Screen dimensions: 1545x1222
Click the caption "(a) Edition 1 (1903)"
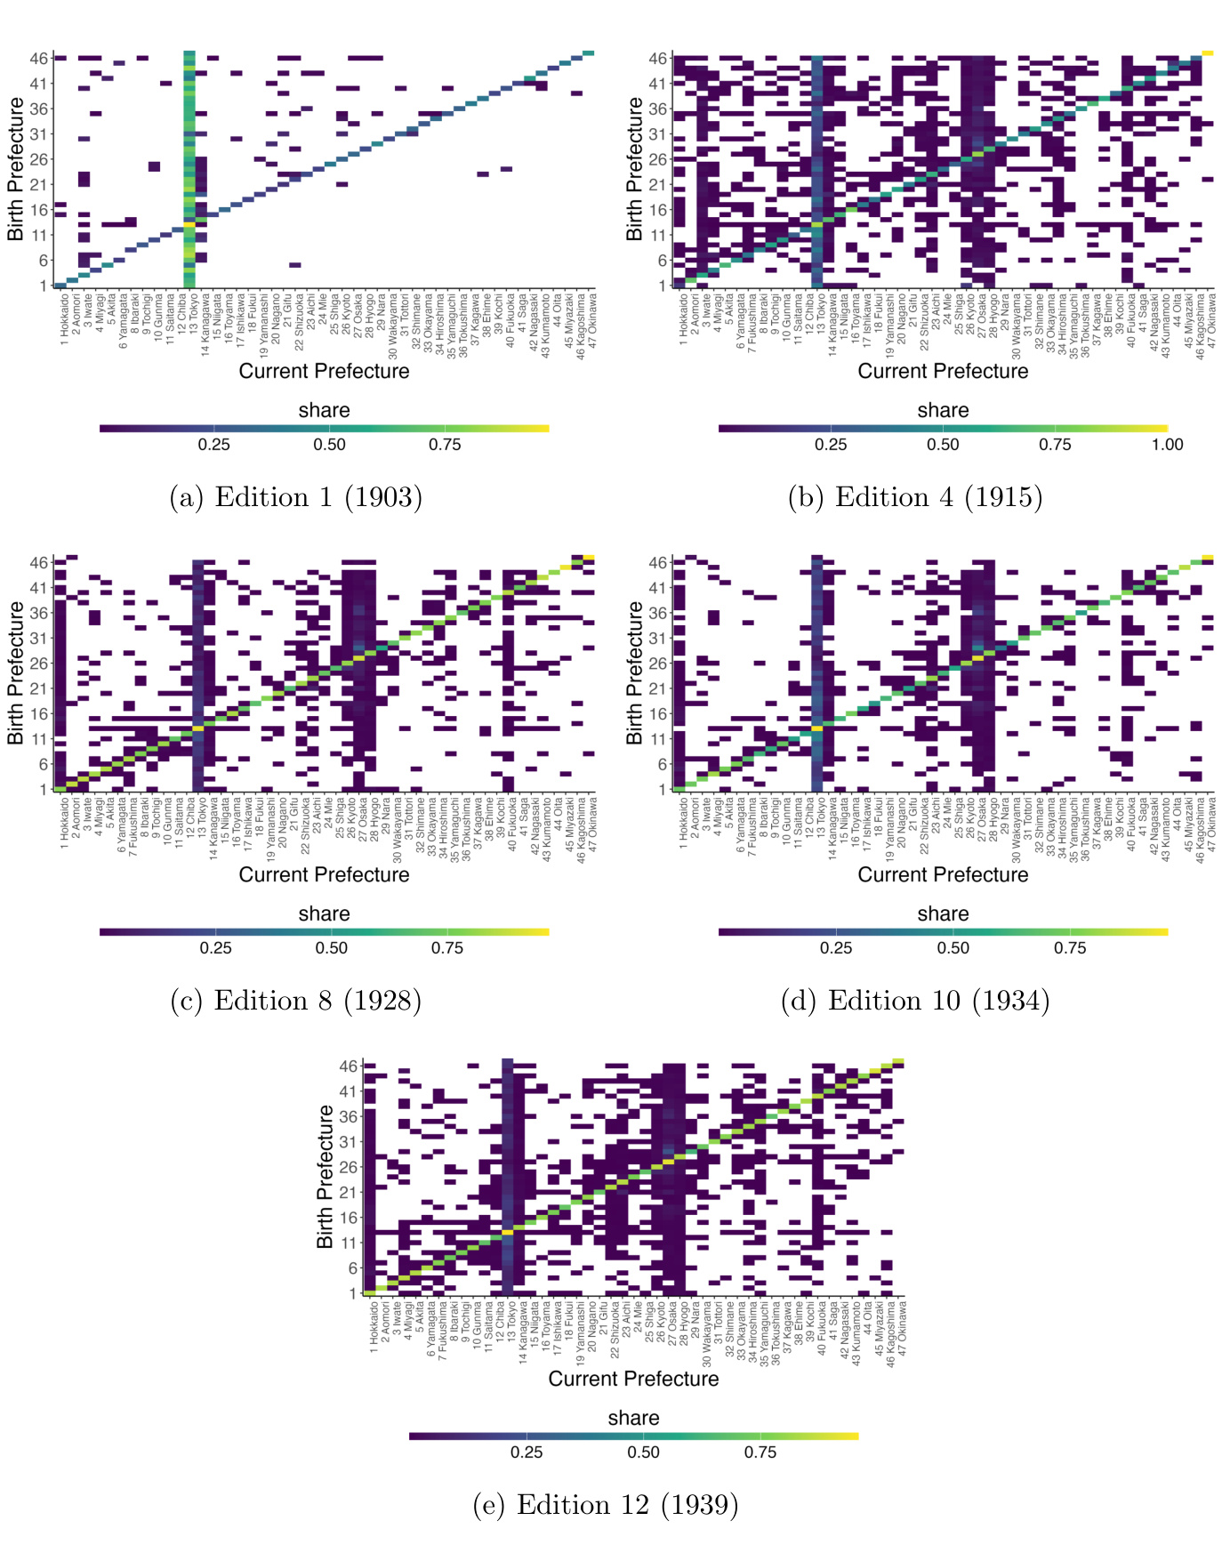click(x=295, y=496)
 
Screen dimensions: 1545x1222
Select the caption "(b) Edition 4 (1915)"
click(x=915, y=496)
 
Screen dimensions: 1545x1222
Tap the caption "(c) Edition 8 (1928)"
click(x=295, y=1001)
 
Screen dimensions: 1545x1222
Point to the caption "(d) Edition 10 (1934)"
click(x=915, y=1001)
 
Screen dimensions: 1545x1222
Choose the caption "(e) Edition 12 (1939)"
click(x=606, y=1505)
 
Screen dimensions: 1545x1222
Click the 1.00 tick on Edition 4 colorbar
click(x=1167, y=445)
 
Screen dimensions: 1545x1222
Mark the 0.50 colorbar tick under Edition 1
click(x=329, y=445)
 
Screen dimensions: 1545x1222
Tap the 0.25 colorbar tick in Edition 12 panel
click(x=527, y=1452)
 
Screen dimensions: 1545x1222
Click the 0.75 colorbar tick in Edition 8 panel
click(x=447, y=948)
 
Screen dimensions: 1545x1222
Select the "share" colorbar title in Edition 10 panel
click(x=943, y=913)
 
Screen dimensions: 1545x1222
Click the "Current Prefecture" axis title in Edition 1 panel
click(x=324, y=371)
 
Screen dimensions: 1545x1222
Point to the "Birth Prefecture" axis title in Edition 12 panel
click(x=325, y=1176)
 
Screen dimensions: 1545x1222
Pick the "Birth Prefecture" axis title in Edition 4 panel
click(x=634, y=168)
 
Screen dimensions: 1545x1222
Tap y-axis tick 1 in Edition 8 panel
click(x=43, y=789)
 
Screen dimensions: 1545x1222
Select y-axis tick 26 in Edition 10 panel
click(x=657, y=664)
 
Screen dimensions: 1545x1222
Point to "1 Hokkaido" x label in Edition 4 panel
click(x=683, y=320)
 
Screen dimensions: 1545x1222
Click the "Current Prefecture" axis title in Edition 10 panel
click(x=943, y=874)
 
